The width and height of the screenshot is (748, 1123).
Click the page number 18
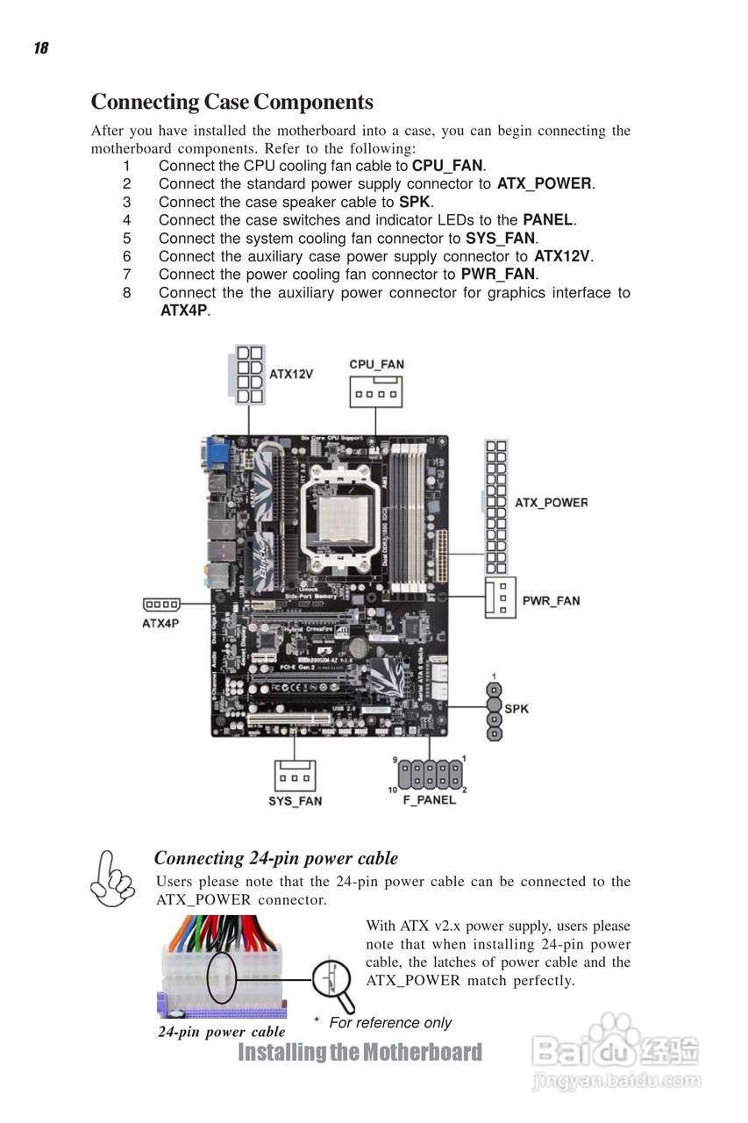tap(40, 48)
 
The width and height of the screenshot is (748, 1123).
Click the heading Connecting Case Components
tap(232, 103)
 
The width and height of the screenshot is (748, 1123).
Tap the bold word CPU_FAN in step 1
tap(447, 166)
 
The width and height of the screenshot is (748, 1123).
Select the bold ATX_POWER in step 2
tap(544, 184)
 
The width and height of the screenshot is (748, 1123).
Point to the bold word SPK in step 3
tap(415, 202)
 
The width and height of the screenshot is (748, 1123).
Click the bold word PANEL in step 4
tap(547, 220)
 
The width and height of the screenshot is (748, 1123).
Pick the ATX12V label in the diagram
tap(290, 374)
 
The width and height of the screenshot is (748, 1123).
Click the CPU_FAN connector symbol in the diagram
tap(376, 392)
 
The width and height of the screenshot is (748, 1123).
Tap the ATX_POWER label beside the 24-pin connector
tap(550, 504)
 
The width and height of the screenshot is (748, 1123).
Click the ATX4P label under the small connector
tap(160, 624)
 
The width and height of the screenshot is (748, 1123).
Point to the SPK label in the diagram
tap(517, 708)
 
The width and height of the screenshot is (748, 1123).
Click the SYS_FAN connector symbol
tap(296, 776)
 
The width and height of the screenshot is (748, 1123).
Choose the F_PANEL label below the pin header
tap(429, 799)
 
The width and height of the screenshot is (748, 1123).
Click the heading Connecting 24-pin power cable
tap(275, 858)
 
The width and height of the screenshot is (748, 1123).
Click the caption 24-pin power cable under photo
tap(221, 1032)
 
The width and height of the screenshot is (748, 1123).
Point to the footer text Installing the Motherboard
tap(360, 1052)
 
